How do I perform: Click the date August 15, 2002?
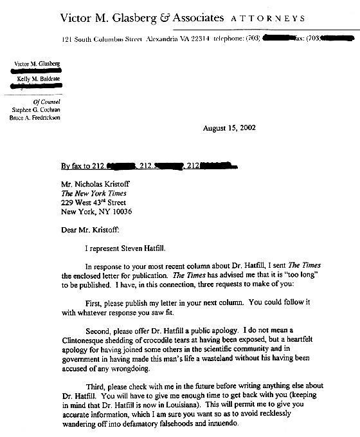click(229, 127)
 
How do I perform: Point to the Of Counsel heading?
click(46, 101)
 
